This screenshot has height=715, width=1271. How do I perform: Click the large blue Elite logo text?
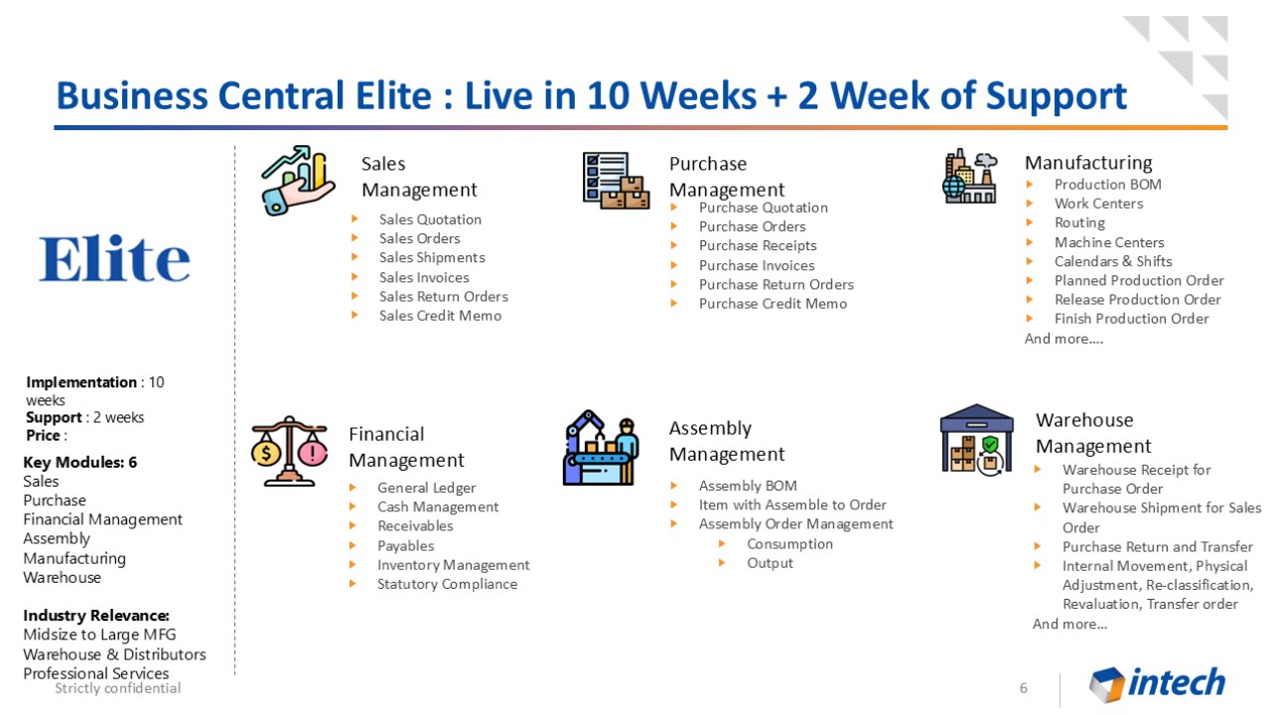tap(114, 258)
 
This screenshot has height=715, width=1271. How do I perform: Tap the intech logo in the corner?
tap(1157, 683)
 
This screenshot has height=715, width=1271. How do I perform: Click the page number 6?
tap(1023, 688)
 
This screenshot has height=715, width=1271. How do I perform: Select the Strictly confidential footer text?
tap(118, 688)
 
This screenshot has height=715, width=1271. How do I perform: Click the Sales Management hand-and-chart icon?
tap(298, 181)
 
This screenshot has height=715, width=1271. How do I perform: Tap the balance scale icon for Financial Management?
tap(289, 452)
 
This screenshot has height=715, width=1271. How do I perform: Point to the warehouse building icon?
tap(976, 440)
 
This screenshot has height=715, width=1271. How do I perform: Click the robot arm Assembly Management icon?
tap(602, 448)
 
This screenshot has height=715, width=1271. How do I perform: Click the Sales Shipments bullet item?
tap(432, 257)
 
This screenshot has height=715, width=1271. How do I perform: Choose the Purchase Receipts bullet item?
tap(758, 245)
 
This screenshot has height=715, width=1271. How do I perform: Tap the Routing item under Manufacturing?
tap(1079, 223)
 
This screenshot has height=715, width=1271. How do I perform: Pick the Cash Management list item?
tap(438, 506)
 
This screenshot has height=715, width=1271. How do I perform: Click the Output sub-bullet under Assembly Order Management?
tap(770, 563)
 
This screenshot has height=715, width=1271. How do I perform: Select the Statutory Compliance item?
tap(447, 585)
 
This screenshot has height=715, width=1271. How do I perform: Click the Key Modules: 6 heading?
tap(80, 463)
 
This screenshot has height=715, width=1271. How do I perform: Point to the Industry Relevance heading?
tap(96, 616)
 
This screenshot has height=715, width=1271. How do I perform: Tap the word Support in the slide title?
tap(1056, 96)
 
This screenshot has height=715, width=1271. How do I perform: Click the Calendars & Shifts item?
tap(1113, 261)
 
